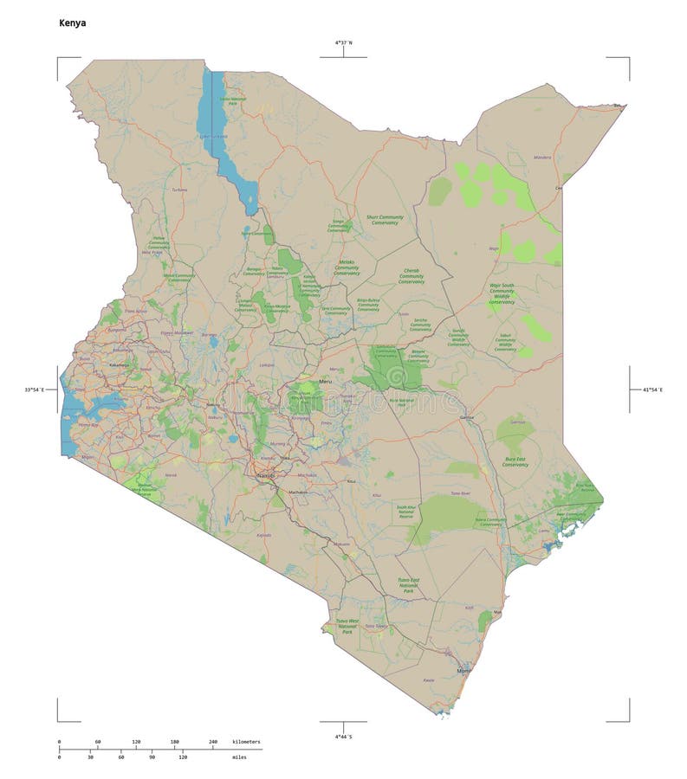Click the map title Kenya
point(72,23)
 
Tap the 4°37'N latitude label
point(343,42)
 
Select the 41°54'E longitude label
point(651,390)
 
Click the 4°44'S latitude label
point(343,737)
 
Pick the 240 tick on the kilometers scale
point(212,742)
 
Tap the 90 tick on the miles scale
point(152,756)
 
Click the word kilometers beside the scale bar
point(246,742)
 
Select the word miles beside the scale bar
point(238,756)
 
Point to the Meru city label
point(326,381)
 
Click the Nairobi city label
point(265,475)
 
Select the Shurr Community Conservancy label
point(385,220)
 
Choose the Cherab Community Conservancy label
point(412,276)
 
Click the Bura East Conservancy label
point(515,461)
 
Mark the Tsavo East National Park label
point(408,585)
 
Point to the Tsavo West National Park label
point(347,627)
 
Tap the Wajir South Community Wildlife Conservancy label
point(502,293)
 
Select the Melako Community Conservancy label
point(347,267)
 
